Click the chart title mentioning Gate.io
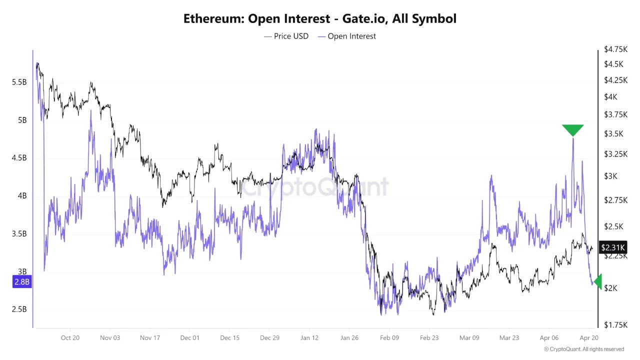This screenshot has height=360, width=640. [x=320, y=19]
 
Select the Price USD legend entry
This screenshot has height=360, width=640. [x=286, y=36]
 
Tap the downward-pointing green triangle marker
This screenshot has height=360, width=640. [x=572, y=129]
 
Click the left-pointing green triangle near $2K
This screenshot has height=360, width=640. [x=598, y=281]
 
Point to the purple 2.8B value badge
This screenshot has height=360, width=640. [x=21, y=282]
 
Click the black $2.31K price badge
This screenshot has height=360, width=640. [x=612, y=247]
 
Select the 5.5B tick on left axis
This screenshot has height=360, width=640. [x=19, y=82]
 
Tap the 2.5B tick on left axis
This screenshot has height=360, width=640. [x=19, y=309]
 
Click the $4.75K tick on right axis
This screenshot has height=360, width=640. [x=615, y=49]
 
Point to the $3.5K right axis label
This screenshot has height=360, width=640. [x=613, y=133]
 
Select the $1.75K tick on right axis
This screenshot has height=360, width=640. [x=615, y=324]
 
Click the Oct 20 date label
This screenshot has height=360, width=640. [x=70, y=338]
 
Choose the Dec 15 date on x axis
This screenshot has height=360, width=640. [x=229, y=338]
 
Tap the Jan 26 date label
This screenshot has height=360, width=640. [x=349, y=338]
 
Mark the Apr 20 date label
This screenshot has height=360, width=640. [x=588, y=338]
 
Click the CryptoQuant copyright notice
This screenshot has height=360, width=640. [x=584, y=349]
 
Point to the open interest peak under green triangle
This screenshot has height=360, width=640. [x=572, y=138]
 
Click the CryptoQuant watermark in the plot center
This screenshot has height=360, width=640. [x=315, y=187]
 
